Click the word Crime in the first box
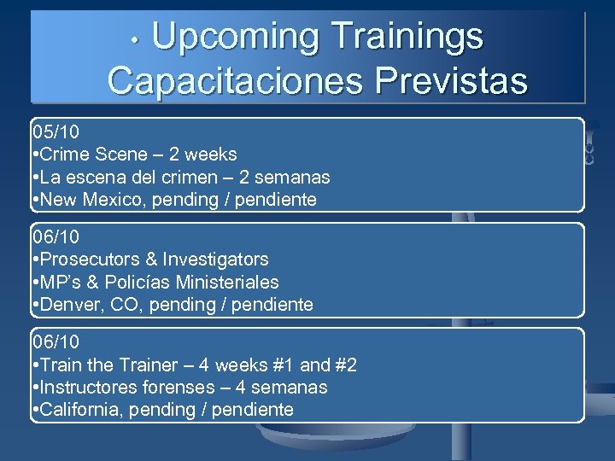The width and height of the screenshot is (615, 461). [x=66, y=155]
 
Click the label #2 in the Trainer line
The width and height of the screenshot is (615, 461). [x=343, y=365]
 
